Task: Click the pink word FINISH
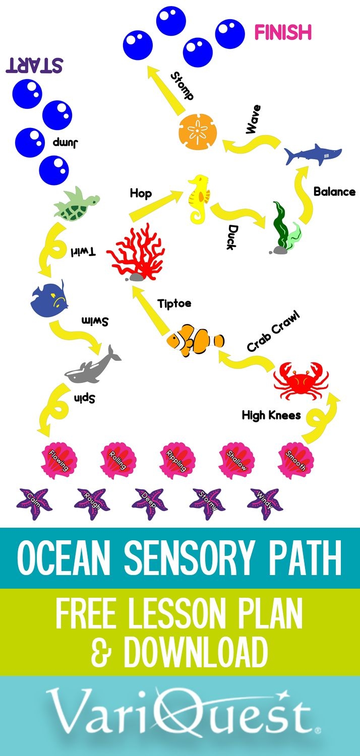pos(282,33)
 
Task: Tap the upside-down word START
pos(34,66)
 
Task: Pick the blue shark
pos(312,154)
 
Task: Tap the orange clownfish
pos(195,341)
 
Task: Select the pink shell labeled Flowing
pos(58,460)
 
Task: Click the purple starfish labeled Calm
pos(34,502)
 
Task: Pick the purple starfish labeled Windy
pos(265,501)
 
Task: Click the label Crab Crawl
pos(274,332)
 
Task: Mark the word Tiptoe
pos(174,304)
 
